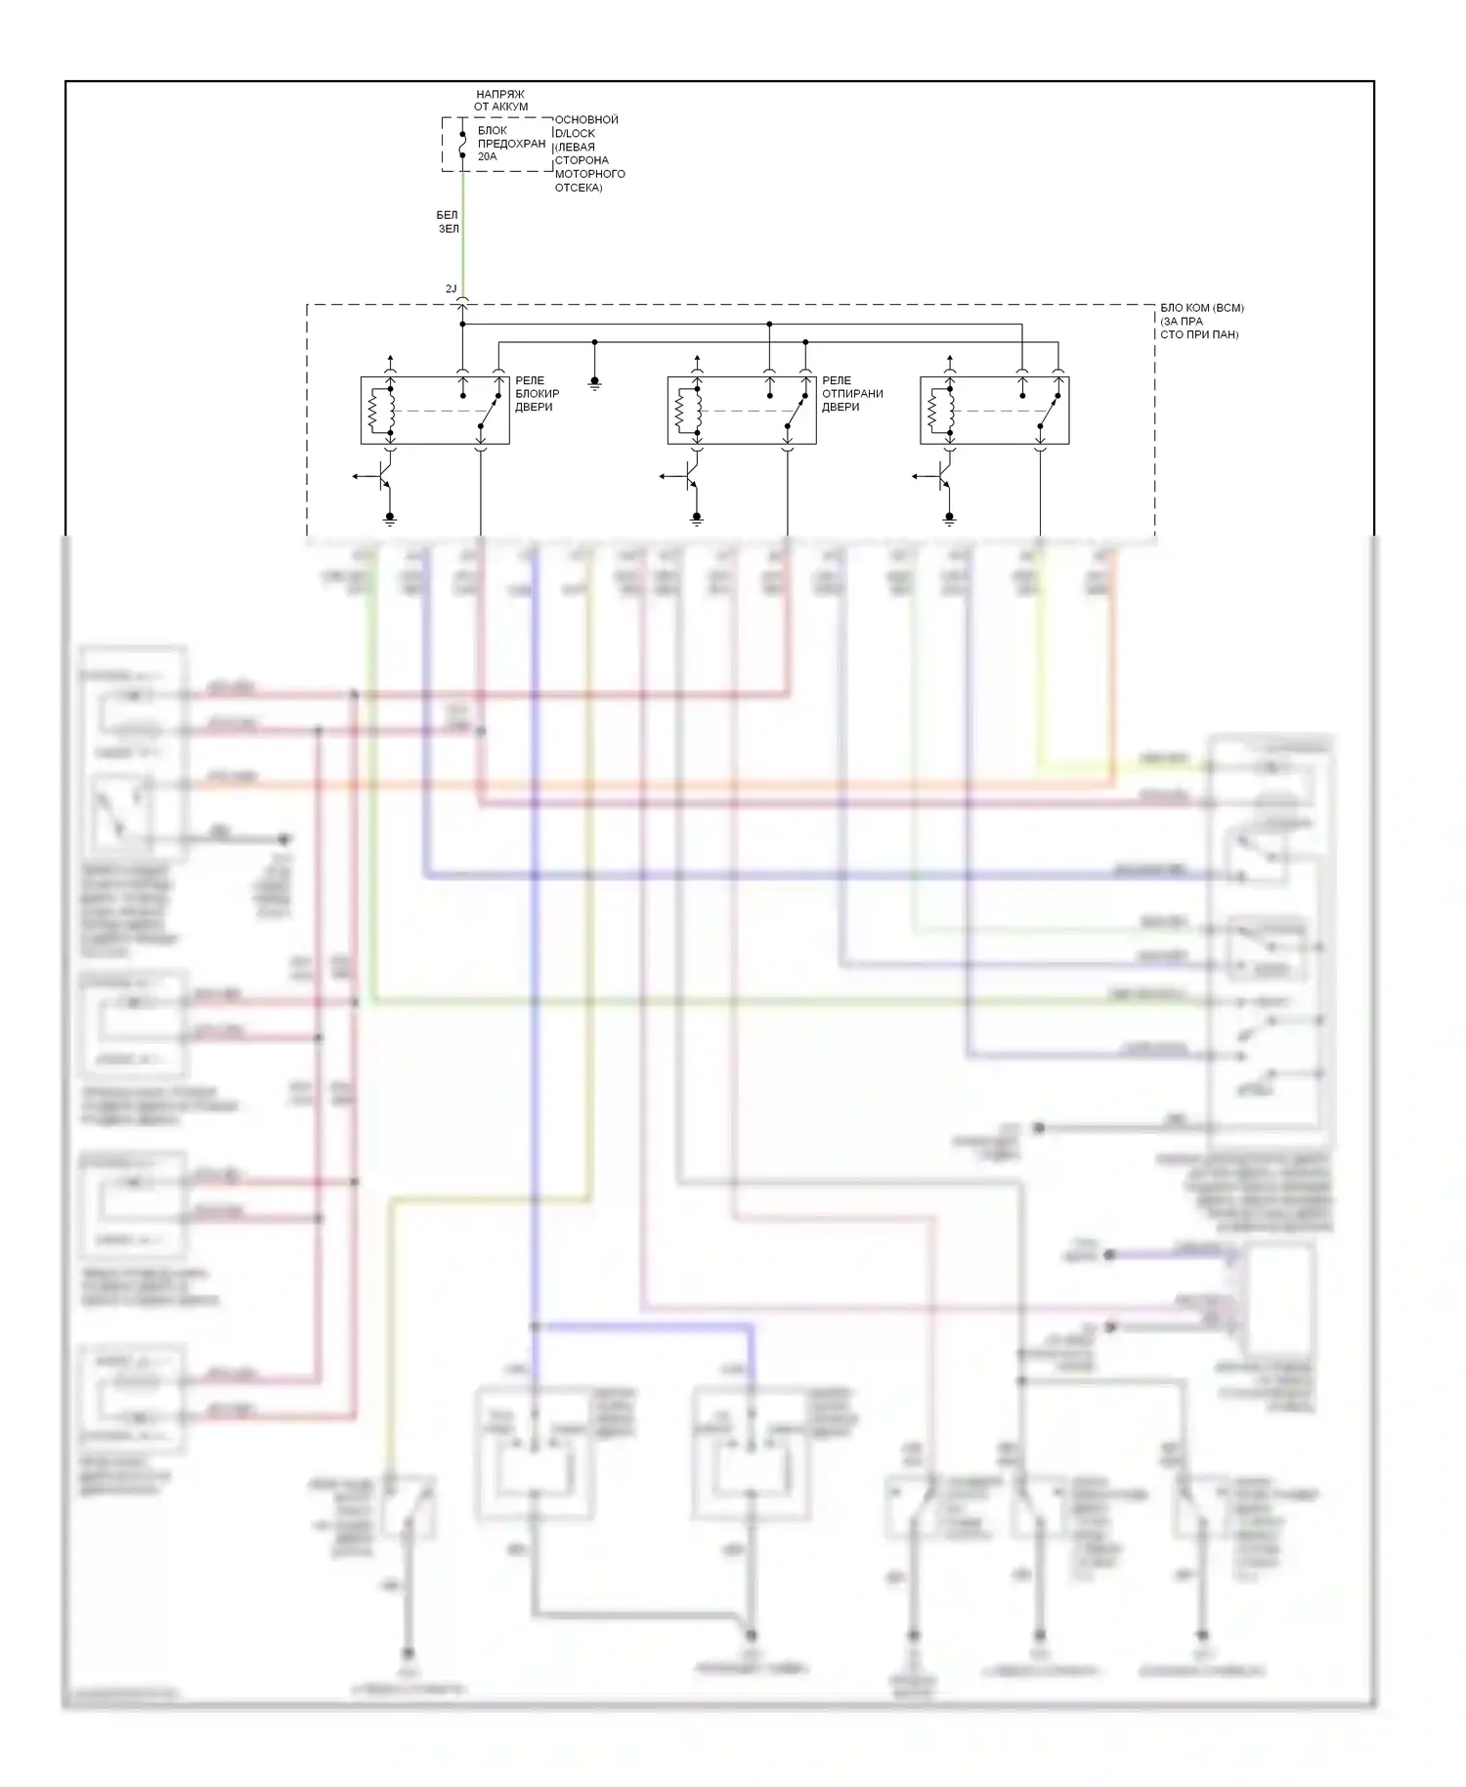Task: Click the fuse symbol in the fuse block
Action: [x=462, y=145]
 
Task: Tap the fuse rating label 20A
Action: [x=487, y=156]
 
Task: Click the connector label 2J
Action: [x=451, y=289]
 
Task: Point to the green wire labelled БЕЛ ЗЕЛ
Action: [x=462, y=235]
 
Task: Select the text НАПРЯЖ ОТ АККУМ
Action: [x=500, y=101]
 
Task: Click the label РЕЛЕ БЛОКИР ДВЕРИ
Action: [x=537, y=394]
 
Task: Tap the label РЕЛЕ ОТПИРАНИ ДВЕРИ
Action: [x=851, y=394]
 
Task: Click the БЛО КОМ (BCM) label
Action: [x=1201, y=321]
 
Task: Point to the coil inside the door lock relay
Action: [x=374, y=412]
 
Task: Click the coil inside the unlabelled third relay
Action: [x=933, y=412]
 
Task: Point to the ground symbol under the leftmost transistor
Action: [x=390, y=519]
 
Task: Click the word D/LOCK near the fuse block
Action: [x=575, y=133]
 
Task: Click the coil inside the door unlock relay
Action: [x=681, y=412]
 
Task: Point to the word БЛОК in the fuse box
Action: [x=492, y=130]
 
